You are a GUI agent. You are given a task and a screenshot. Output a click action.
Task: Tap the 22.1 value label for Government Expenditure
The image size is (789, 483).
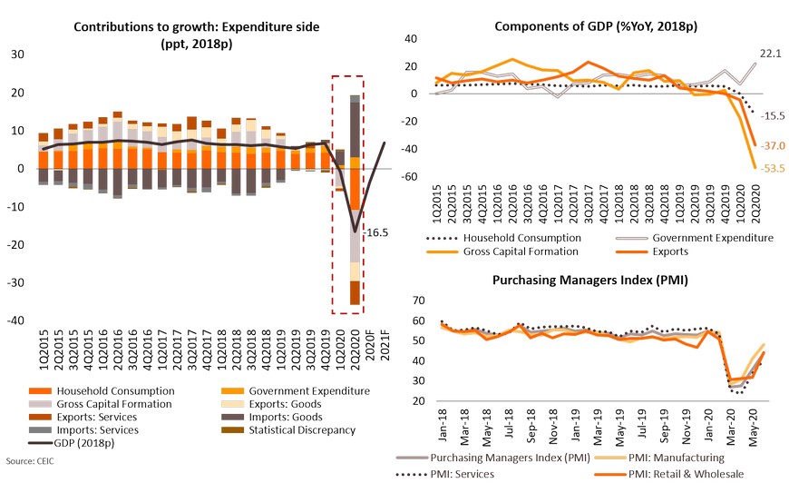click(x=769, y=54)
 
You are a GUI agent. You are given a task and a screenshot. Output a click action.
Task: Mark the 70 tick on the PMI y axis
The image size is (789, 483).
click(x=418, y=300)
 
